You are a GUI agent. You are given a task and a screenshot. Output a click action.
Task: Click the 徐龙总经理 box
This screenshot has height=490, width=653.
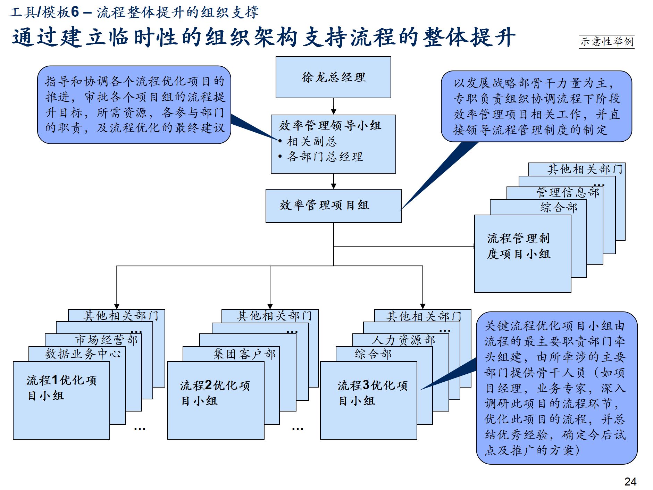333,77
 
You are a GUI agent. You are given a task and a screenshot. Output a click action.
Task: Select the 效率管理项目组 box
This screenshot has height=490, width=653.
333,206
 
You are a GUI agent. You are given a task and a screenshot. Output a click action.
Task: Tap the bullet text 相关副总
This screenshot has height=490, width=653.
312,141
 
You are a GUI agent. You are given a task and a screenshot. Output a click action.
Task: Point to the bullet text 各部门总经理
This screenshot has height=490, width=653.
325,157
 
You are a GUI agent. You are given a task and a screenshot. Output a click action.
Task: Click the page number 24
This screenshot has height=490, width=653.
630,481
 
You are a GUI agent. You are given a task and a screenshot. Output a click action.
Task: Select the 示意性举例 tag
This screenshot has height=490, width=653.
606,42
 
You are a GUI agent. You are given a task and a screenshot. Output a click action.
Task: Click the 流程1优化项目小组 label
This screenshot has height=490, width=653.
61,388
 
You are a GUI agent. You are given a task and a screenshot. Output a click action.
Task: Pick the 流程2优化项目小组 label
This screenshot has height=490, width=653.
215,393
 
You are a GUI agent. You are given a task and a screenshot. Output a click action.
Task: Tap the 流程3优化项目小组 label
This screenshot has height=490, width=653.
372,393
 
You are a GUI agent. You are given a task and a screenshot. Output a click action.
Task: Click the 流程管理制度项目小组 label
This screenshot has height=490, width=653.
518,246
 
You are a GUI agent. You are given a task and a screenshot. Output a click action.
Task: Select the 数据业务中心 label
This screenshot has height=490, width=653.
83,354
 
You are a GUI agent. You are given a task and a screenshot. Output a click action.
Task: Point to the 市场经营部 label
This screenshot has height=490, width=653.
107,340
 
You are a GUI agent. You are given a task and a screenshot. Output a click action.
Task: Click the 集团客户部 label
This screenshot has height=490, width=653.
244,354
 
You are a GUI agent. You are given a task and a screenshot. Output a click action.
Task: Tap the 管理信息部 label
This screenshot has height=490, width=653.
568,192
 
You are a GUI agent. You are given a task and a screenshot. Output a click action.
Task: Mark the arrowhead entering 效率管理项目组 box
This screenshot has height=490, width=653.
334,186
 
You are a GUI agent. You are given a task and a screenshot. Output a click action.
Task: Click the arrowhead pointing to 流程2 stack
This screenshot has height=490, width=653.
270,306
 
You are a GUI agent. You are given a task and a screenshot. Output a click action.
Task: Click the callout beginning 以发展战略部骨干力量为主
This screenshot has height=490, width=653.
536,106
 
